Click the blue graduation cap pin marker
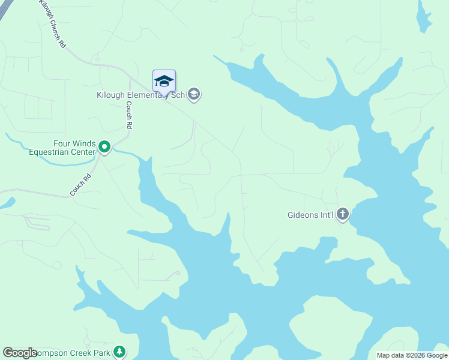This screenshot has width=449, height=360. pyautogui.click(x=164, y=80)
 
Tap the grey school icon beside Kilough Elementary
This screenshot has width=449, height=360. pyautogui.click(x=193, y=94)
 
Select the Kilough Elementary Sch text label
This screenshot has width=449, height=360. pyautogui.click(x=140, y=94)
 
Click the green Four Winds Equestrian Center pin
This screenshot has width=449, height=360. pyautogui.click(x=104, y=146)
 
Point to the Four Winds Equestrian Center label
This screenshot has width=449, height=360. pyautogui.click(x=62, y=148)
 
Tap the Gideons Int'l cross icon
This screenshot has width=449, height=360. pyautogui.click(x=342, y=214)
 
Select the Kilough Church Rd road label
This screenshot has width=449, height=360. pyautogui.click(x=52, y=24)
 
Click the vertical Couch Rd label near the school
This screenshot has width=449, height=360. pyautogui.click(x=128, y=114)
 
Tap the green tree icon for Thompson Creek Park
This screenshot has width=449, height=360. pyautogui.click(x=120, y=351)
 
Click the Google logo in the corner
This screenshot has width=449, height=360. pyautogui.click(x=20, y=353)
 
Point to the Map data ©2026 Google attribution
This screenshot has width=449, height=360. pyautogui.click(x=412, y=355)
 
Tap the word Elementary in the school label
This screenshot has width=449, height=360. pyautogui.click(x=149, y=94)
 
